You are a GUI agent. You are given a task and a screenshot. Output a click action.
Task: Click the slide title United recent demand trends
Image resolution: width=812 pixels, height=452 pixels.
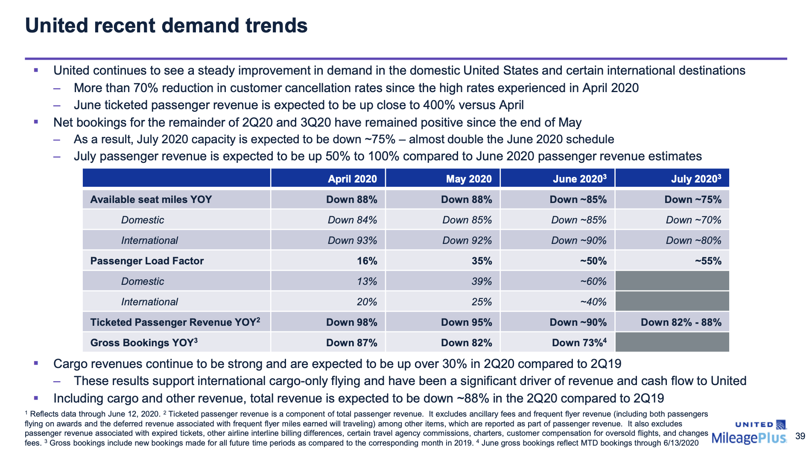(166, 26)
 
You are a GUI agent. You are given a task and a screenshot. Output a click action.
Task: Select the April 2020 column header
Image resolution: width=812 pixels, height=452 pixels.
(352, 179)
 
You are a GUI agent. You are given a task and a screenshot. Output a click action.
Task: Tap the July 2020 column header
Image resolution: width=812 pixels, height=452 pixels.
(695, 179)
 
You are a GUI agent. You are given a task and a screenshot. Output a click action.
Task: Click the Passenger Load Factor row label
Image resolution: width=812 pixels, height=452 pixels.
(147, 261)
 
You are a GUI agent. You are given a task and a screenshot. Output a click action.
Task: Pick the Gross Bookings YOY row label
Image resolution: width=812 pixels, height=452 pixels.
(143, 343)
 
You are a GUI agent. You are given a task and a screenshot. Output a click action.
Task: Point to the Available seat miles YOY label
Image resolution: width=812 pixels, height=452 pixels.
(151, 200)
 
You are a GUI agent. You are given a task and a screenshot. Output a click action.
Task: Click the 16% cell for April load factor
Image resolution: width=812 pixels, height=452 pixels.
(367, 261)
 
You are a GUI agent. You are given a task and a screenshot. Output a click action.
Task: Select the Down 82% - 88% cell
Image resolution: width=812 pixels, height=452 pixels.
(681, 322)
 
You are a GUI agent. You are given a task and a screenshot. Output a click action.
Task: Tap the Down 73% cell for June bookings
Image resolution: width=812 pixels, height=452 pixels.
(578, 343)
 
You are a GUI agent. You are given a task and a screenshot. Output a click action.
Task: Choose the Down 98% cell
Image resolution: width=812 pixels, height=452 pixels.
(351, 322)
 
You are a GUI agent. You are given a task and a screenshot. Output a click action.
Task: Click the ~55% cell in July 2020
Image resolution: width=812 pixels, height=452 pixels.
(708, 261)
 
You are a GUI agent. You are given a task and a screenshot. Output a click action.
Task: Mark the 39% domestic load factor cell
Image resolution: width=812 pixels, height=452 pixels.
(482, 281)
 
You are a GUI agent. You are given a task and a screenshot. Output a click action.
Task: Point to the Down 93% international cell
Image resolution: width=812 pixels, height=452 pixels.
(352, 240)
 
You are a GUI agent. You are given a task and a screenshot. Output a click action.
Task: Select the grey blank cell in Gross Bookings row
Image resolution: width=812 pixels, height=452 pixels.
(672, 342)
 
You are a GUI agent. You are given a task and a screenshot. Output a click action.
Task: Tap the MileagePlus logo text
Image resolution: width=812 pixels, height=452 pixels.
(749, 438)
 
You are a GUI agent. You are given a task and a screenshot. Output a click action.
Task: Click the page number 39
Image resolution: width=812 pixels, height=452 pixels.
(800, 436)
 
